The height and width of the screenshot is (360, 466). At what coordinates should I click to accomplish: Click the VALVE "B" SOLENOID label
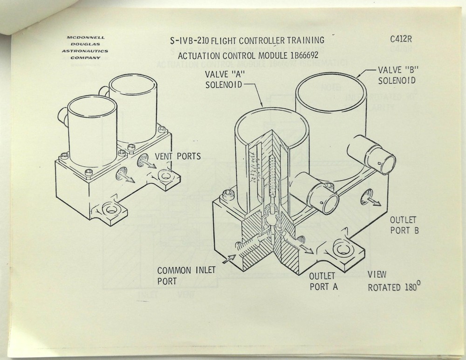point(396,75)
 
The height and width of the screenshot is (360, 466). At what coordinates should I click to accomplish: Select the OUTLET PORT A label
point(323,281)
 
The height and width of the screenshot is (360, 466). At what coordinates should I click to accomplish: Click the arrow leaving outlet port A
point(308,250)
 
